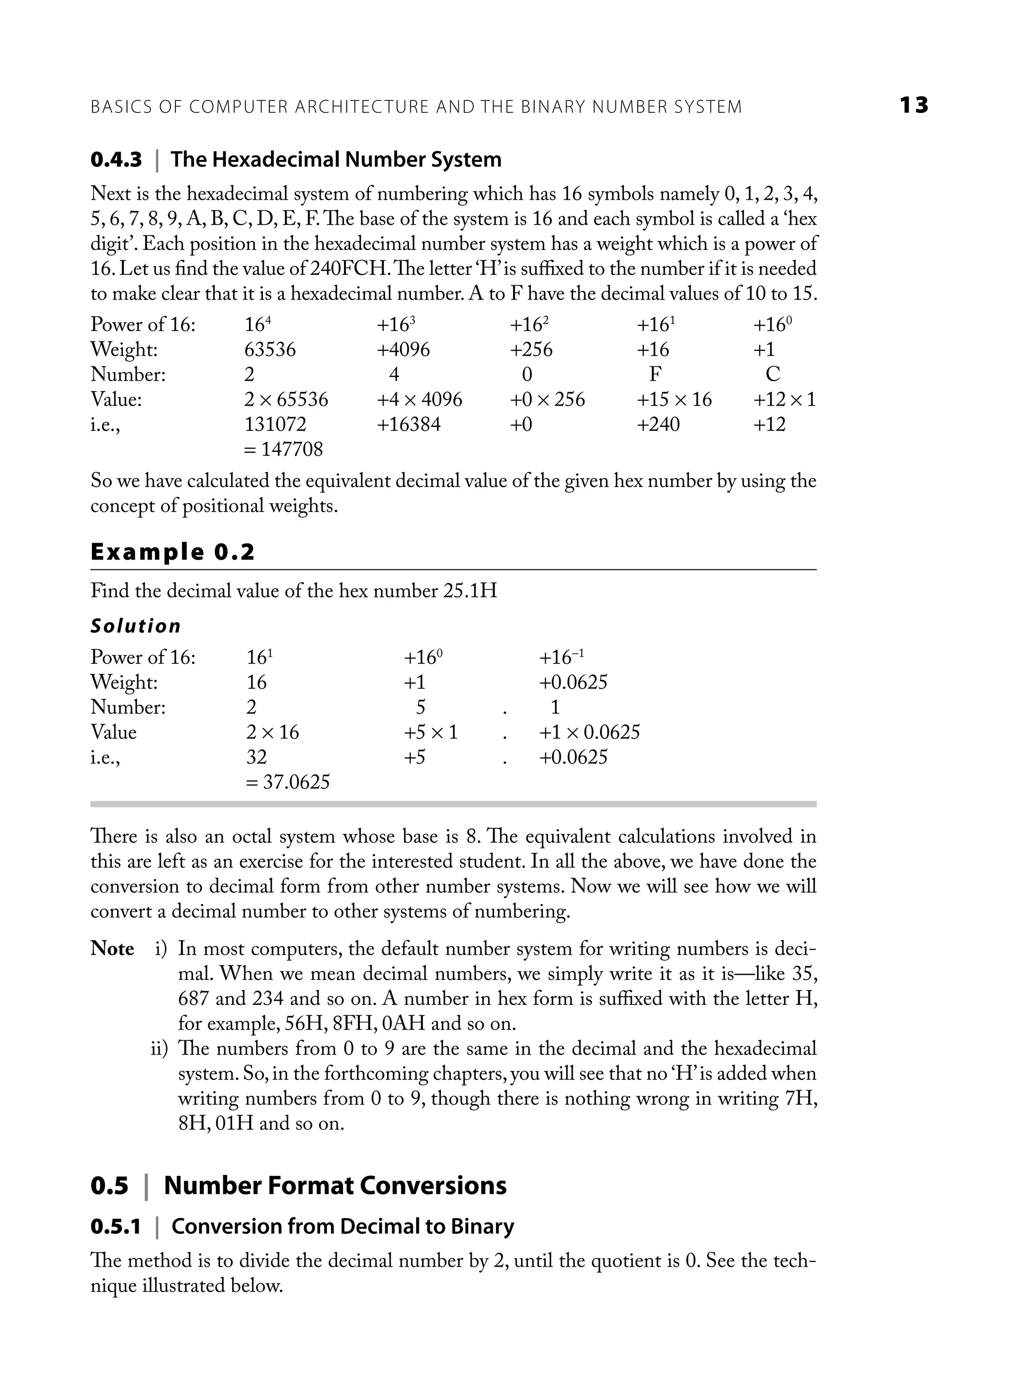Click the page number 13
coord(913,105)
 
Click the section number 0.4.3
coord(116,160)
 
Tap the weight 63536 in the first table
coord(269,350)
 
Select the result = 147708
coord(283,449)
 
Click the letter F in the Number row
coord(655,375)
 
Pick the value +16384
coord(409,424)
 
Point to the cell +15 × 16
coord(674,400)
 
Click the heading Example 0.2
coord(172,552)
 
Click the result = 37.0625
coord(287,782)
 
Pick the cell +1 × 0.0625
coord(589,733)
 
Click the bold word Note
coord(112,949)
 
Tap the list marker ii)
coord(160,1049)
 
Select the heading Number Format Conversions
coord(335,1186)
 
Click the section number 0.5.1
coord(116,1226)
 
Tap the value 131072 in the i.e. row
coord(275,424)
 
